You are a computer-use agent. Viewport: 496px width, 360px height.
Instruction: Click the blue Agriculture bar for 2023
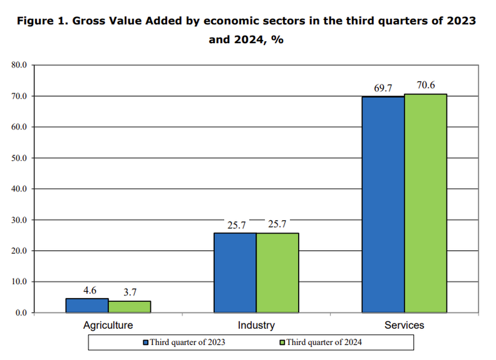[x=87, y=305]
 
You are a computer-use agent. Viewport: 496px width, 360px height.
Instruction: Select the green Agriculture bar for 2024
[x=129, y=307]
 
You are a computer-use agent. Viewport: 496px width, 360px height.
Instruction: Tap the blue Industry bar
[x=235, y=273]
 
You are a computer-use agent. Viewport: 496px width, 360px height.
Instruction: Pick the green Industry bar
[x=277, y=273]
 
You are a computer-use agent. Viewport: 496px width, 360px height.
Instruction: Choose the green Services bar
[x=425, y=203]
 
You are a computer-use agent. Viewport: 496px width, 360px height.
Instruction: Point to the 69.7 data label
[x=383, y=88]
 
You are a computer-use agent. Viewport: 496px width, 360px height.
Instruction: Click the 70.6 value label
[x=426, y=85]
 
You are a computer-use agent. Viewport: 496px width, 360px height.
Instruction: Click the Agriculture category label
[x=108, y=325]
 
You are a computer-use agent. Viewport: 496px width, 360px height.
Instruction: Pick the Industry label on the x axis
[x=256, y=325]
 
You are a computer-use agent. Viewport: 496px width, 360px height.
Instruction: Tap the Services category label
[x=404, y=325]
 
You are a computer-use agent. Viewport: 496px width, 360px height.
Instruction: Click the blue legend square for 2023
[x=146, y=342]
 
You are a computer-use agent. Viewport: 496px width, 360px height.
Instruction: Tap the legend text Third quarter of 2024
[x=324, y=342]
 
